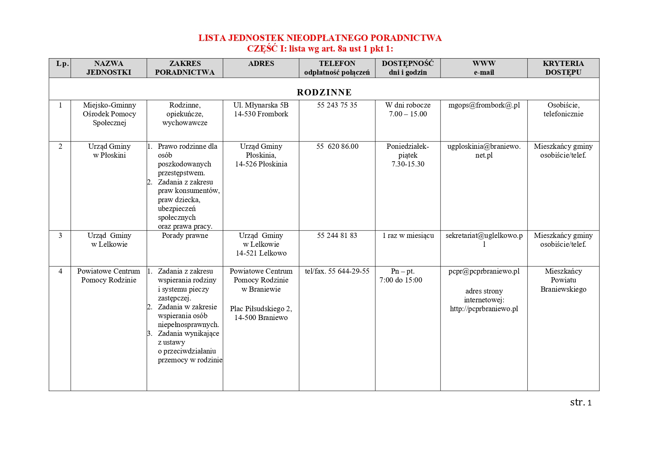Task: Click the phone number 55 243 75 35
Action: [337, 105]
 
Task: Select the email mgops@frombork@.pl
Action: [484, 105]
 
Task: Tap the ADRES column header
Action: [261, 64]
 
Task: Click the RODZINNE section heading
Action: [324, 92]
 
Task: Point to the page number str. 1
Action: [580, 402]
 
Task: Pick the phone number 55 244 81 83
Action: [337, 236]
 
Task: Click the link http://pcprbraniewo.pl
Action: [484, 309]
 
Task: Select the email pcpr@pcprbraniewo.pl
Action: [484, 271]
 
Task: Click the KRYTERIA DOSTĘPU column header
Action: [563, 68]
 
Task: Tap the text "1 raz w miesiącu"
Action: [408, 236]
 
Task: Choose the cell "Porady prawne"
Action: [185, 236]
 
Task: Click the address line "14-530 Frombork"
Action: [261, 114]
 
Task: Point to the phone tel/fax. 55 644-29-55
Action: [337, 271]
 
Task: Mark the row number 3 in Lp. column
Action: [60, 236]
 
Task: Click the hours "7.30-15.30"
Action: [408, 164]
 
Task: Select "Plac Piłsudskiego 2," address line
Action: [261, 309]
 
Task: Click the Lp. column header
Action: [63, 64]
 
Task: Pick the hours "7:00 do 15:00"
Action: [401, 280]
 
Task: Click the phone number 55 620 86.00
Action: [337, 147]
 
